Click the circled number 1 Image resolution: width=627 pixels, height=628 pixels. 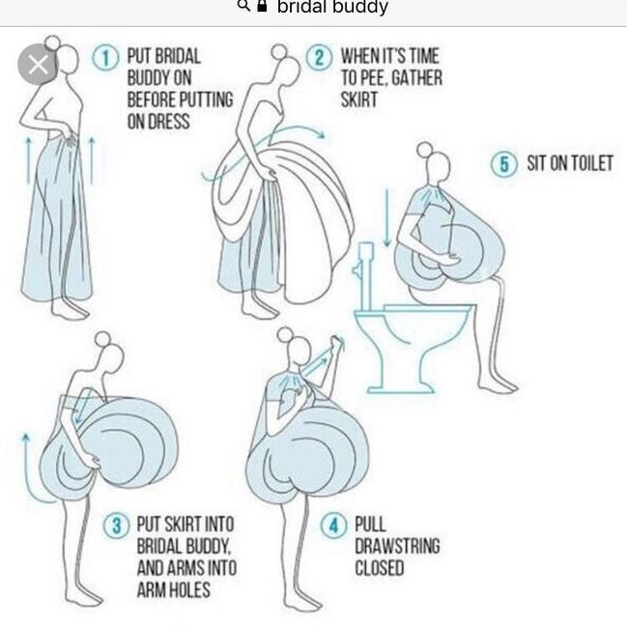[x=105, y=58]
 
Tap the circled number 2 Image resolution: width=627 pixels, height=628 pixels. [x=319, y=58]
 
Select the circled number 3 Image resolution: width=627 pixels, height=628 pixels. [x=117, y=525]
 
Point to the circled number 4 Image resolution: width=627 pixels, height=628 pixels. [x=334, y=525]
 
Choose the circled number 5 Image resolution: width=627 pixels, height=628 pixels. [x=504, y=163]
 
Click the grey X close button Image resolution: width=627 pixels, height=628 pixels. [x=39, y=64]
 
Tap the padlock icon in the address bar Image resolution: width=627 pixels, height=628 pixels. [x=262, y=6]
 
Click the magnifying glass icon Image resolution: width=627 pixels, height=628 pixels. [x=243, y=6]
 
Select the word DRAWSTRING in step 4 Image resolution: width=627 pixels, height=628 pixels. [x=397, y=546]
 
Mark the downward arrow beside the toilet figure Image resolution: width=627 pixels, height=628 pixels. [x=386, y=217]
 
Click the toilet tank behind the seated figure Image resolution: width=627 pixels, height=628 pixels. [x=365, y=275]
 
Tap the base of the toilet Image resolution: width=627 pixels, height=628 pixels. [x=400, y=388]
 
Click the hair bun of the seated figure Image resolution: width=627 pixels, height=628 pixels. [x=425, y=150]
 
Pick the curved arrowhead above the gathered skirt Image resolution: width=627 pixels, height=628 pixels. [x=321, y=133]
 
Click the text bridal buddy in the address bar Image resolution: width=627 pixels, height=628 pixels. [x=332, y=7]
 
